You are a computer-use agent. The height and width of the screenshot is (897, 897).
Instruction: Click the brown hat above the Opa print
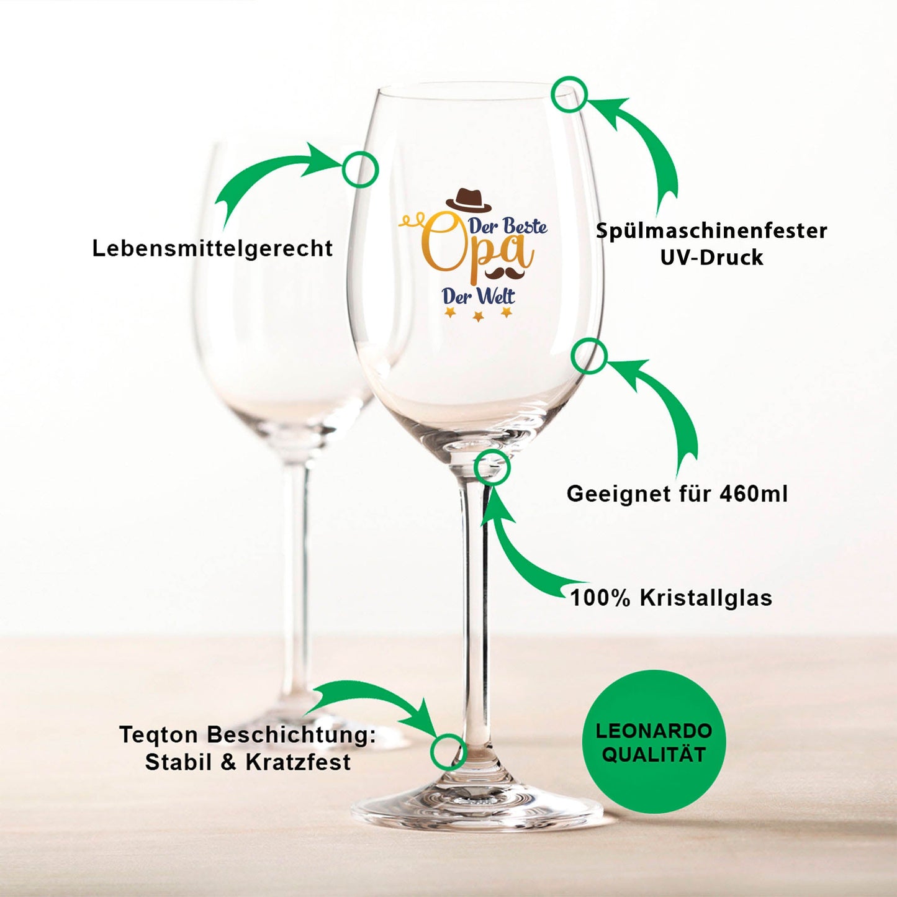tap(469, 199)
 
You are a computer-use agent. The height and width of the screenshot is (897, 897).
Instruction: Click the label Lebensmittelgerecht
tap(212, 248)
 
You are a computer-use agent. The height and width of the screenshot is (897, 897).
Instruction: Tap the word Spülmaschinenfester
tap(712, 231)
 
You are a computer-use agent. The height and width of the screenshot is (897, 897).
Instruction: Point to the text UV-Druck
tap(712, 258)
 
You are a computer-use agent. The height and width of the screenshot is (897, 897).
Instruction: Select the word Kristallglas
tap(706, 598)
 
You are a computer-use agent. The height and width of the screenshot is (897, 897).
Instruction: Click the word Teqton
tap(159, 735)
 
